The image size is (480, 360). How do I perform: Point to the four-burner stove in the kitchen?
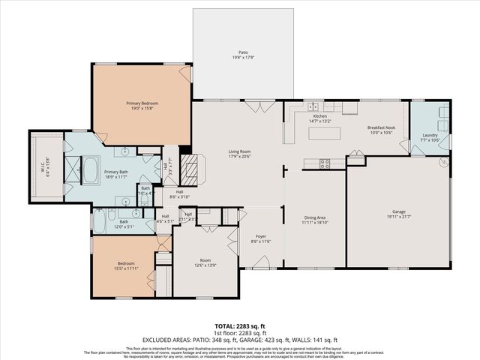pyautogui.click(x=325, y=163)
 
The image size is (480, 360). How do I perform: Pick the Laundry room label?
pyautogui.click(x=430, y=136)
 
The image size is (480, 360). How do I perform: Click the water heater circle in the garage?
pyautogui.click(x=442, y=160)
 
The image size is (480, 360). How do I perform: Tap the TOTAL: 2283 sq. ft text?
pyautogui.click(x=239, y=325)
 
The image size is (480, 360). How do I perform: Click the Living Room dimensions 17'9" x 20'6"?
pyautogui.click(x=239, y=156)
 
